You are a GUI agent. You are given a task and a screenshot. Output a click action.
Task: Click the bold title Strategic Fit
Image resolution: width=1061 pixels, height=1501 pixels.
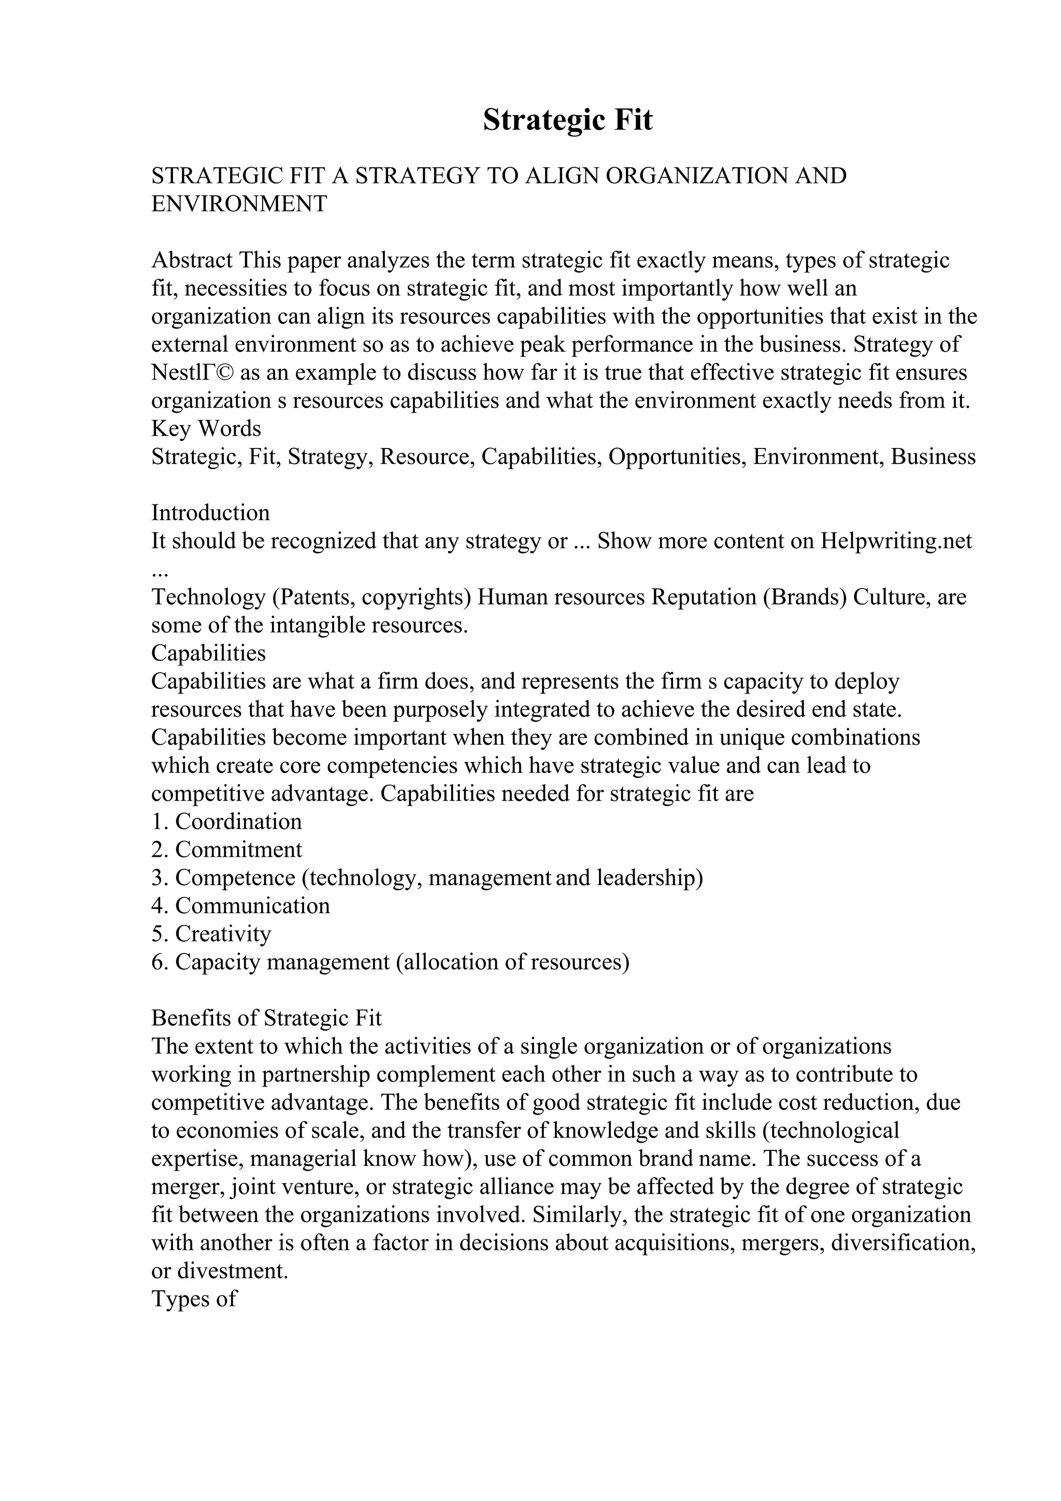pyautogui.click(x=567, y=120)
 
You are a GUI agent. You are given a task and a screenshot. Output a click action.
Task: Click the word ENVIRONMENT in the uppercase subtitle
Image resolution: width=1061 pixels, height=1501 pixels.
pyautogui.click(x=239, y=204)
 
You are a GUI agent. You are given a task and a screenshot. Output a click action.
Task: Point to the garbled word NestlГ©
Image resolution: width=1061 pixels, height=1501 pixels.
pyautogui.click(x=193, y=372)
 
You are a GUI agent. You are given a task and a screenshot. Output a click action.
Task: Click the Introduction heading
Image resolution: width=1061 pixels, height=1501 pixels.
pyautogui.click(x=210, y=513)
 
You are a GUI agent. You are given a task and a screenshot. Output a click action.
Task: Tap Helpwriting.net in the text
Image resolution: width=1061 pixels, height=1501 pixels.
pyautogui.click(x=896, y=541)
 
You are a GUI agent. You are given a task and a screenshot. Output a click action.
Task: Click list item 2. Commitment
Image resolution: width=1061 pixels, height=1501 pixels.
pyautogui.click(x=227, y=850)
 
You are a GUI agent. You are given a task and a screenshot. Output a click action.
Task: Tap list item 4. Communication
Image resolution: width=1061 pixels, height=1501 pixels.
pyautogui.click(x=240, y=906)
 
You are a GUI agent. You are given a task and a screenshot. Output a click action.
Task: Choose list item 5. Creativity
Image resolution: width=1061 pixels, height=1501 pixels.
pyautogui.click(x=211, y=934)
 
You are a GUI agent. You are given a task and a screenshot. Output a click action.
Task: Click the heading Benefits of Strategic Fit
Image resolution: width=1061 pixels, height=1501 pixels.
pyautogui.click(x=266, y=1018)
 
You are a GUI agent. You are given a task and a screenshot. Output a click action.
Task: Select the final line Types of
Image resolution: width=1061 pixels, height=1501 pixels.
pyautogui.click(x=194, y=1299)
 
